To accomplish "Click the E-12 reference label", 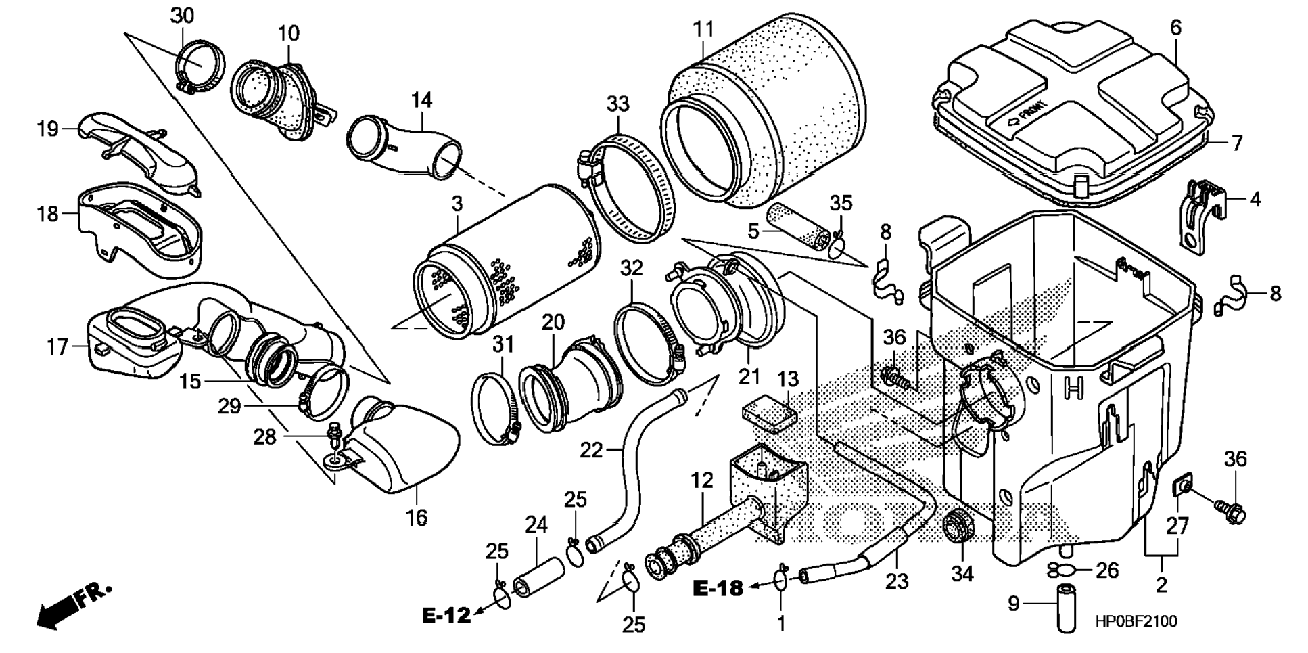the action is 446,616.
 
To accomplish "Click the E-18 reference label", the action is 718,589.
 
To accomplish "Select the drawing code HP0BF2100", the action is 1136,621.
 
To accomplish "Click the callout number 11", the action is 703,30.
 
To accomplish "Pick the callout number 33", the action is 617,104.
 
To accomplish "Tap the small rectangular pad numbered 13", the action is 770,414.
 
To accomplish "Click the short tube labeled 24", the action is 538,577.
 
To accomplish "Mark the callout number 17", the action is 58,347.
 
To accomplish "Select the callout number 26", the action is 1107,570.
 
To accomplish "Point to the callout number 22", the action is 591,450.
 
